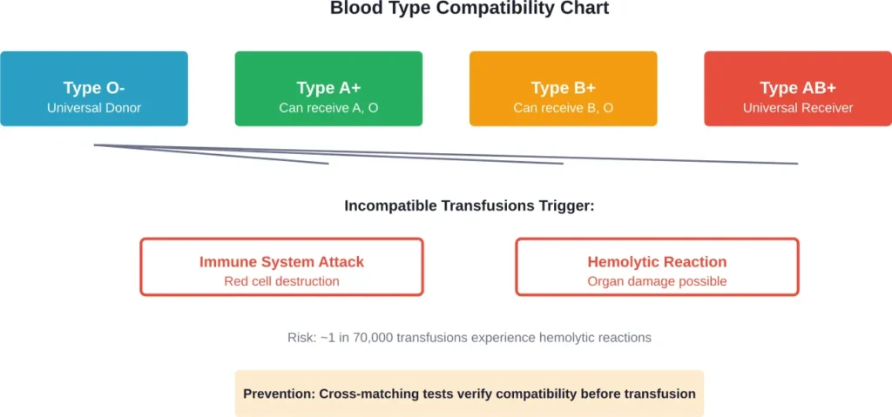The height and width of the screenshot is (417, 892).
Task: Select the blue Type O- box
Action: pyautogui.click(x=93, y=88)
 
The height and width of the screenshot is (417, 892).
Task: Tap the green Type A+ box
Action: pyautogui.click(x=328, y=88)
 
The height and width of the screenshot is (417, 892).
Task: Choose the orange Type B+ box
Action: pyautogui.click(x=563, y=88)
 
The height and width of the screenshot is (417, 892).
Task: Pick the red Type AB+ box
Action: pyautogui.click(x=797, y=88)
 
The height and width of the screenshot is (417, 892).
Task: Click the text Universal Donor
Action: pyautogui.click(x=93, y=108)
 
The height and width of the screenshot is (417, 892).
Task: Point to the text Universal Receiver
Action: pyautogui.click(x=797, y=108)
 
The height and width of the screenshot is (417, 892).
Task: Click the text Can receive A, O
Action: pyautogui.click(x=328, y=108)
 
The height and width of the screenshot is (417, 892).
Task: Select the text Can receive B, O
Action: pyautogui.click(x=563, y=108)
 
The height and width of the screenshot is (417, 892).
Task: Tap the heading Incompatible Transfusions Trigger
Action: pyautogui.click(x=469, y=206)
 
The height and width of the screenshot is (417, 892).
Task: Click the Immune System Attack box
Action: pyautogui.click(x=281, y=266)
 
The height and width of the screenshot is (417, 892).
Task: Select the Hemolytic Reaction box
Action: pyautogui.click(x=657, y=266)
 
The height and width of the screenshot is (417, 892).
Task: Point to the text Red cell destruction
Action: pyautogui.click(x=281, y=281)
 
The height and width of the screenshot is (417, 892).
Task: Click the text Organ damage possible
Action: pyautogui.click(x=657, y=281)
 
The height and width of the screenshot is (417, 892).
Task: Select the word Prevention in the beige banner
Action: pyautogui.click(x=279, y=393)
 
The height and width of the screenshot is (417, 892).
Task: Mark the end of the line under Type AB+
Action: pyautogui.click(x=796, y=163)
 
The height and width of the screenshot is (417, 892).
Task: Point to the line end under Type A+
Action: pyautogui.click(x=328, y=163)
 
